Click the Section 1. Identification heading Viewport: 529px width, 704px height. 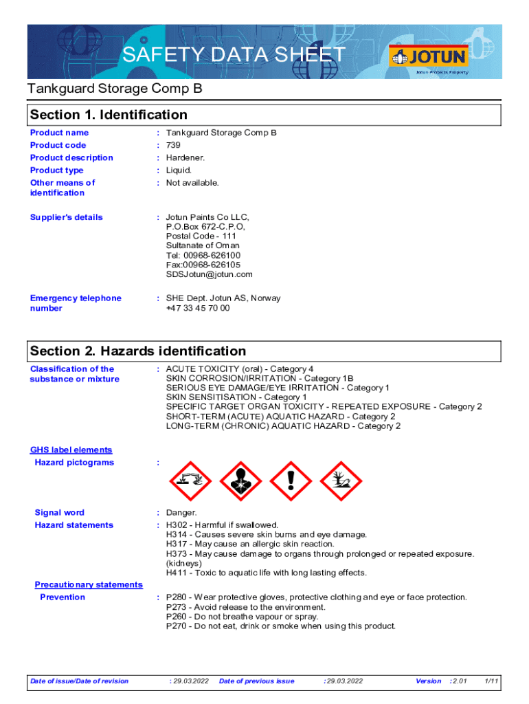pos(109,115)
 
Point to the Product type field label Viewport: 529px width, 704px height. pos(57,170)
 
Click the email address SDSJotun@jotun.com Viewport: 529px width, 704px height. pos(210,274)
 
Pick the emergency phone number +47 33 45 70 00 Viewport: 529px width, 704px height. pos(198,308)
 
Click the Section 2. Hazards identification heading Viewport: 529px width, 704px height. pos(138,351)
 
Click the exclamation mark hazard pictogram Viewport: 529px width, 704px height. pos(291,481)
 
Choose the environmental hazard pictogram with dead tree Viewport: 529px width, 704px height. pos(341,481)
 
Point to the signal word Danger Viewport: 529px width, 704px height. pos(181,513)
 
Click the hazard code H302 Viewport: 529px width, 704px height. pos(177,525)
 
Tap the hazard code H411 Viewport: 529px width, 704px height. pos(177,573)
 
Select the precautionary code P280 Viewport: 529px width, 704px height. pos(177,597)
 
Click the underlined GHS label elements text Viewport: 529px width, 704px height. pos(71,450)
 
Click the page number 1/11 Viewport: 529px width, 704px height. pos(491,681)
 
